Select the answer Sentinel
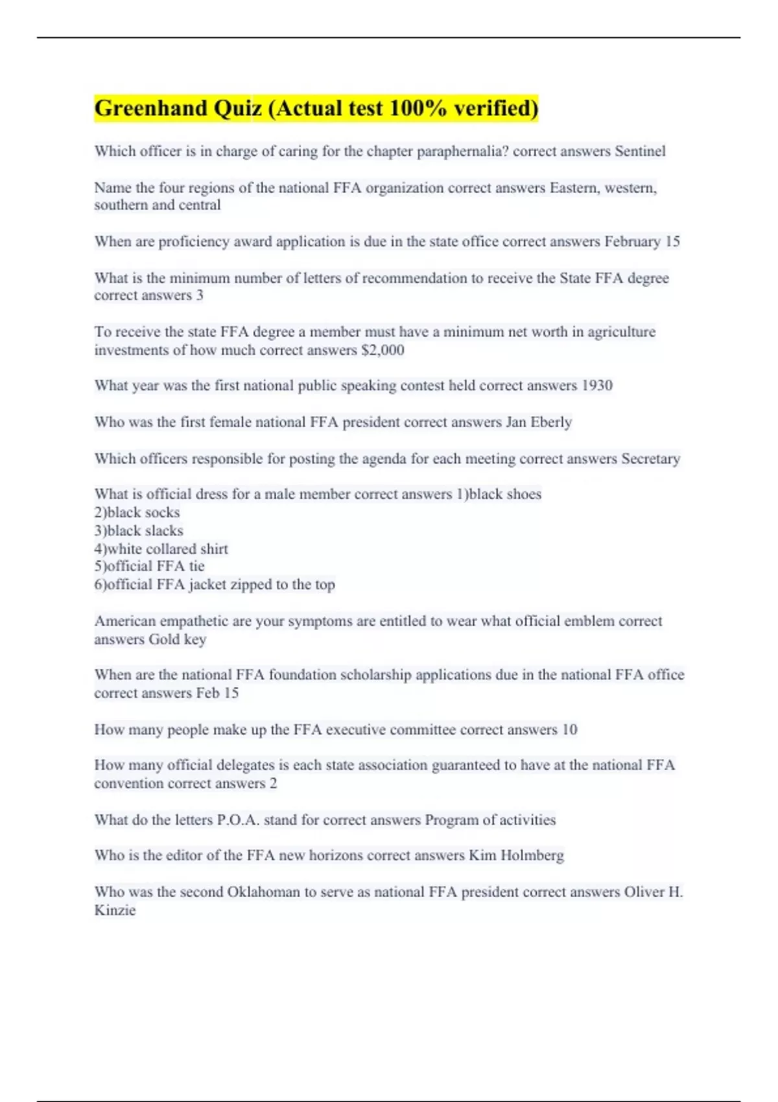point(640,151)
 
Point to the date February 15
point(642,242)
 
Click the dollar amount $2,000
point(383,350)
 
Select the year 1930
point(596,386)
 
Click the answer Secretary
point(650,459)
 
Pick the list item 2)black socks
point(137,512)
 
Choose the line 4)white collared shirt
point(161,549)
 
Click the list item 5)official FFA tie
point(149,566)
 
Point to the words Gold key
point(177,639)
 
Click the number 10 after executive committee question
point(569,730)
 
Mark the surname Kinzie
point(115,910)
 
